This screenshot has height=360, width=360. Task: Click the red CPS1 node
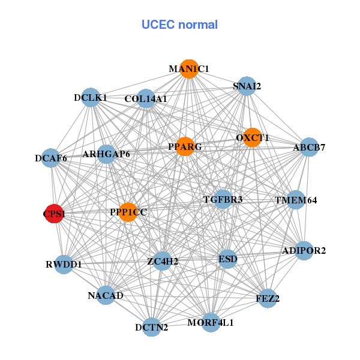(54, 214)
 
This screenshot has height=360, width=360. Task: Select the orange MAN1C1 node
(189, 69)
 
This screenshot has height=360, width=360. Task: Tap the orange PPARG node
(185, 146)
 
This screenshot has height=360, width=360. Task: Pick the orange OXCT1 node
(252, 137)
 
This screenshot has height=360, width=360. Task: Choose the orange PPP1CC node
(128, 212)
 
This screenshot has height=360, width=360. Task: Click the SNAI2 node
(247, 86)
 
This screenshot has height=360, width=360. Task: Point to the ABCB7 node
(308, 147)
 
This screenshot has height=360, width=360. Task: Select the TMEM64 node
(295, 200)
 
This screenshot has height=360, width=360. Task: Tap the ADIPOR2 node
(304, 251)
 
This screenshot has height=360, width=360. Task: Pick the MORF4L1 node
(211, 322)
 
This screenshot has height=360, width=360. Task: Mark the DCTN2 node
(152, 327)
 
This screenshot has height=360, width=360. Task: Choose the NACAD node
(106, 295)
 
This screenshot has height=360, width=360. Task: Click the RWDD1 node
(64, 264)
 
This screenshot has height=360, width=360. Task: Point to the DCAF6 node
(51, 159)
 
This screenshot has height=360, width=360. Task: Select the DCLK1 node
(91, 97)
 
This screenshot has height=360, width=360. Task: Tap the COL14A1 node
(146, 98)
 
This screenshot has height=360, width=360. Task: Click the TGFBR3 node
(223, 199)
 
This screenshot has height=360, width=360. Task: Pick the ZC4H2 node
(163, 261)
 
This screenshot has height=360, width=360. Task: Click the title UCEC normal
(179, 25)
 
